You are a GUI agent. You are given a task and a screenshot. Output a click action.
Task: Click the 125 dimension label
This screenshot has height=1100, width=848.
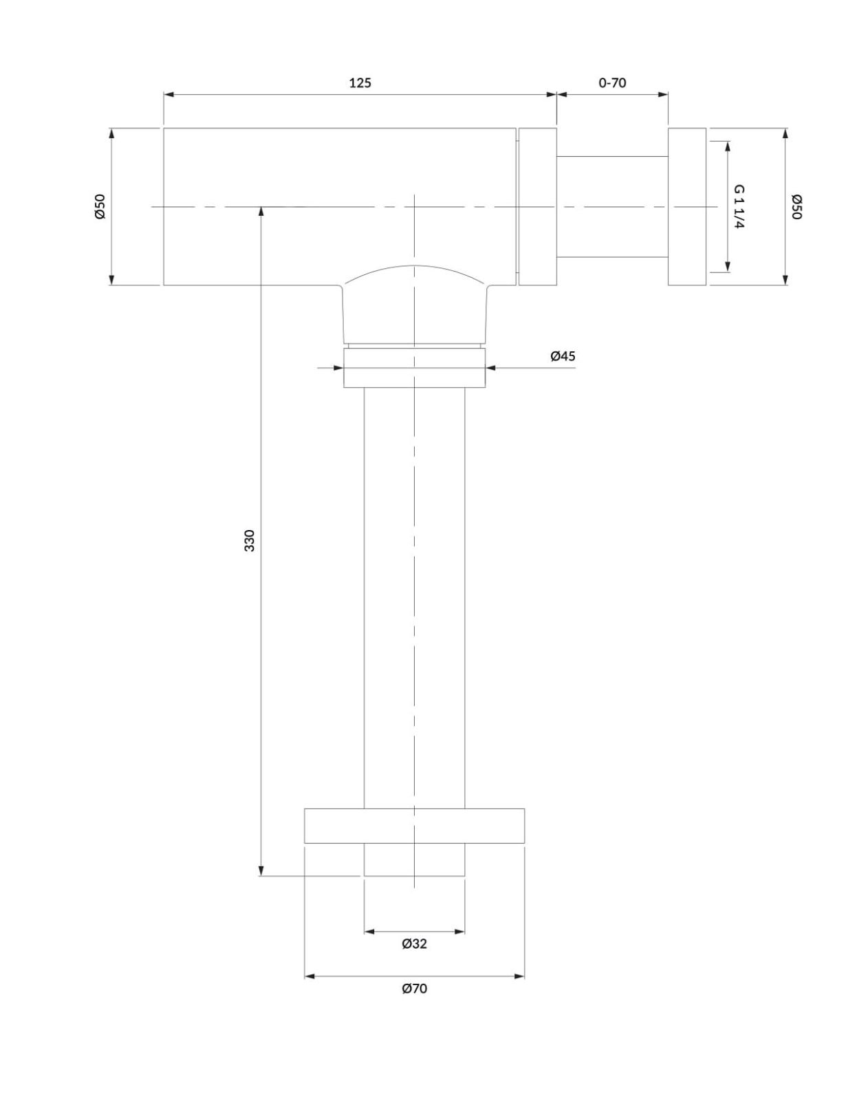[360, 82]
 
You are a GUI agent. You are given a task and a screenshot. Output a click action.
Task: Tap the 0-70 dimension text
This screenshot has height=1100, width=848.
[612, 82]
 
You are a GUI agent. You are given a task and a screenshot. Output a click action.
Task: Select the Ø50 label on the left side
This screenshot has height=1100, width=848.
[100, 206]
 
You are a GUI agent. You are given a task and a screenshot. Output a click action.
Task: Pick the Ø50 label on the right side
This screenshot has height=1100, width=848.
[796, 206]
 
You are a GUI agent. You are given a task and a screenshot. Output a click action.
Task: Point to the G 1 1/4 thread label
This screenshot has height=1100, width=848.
[739, 206]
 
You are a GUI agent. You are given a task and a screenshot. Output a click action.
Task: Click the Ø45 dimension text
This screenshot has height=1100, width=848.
[563, 356]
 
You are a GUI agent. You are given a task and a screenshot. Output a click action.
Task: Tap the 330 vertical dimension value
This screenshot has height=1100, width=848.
[250, 540]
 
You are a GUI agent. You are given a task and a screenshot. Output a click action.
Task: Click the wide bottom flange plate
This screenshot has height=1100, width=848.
[414, 826]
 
